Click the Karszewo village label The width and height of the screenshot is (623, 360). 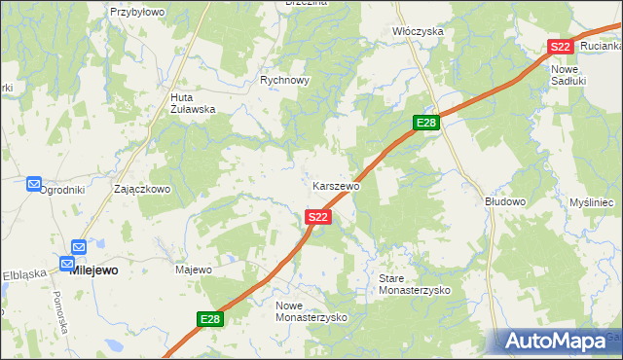click(337, 185)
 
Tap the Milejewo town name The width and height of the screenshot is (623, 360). click(94, 270)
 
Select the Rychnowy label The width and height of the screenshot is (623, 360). click(284, 81)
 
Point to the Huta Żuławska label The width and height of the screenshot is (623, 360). click(192, 103)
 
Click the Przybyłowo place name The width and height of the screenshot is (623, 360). click(137, 12)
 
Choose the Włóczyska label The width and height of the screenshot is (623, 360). click(418, 31)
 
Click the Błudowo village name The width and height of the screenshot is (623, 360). click(505, 201)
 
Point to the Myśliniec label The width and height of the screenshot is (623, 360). click(590, 201)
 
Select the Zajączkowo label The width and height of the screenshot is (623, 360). click(142, 189)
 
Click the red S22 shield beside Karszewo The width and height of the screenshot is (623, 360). click(317, 218)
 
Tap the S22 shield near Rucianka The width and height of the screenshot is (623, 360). click(560, 47)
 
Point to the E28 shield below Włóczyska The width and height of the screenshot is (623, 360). click(426, 123)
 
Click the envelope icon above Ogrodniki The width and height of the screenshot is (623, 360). click(33, 183)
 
